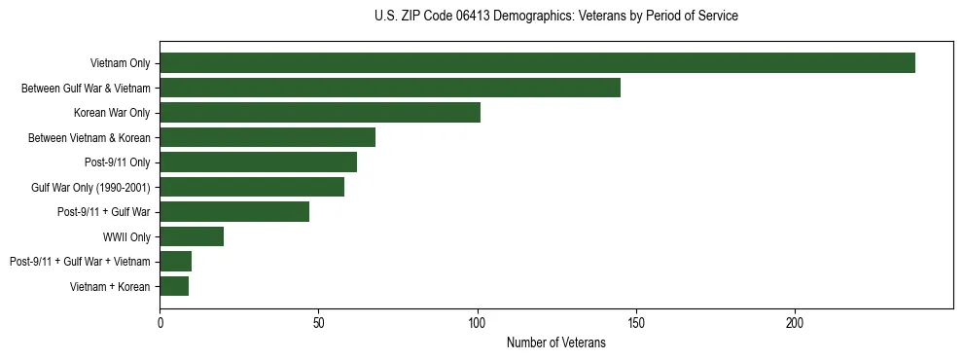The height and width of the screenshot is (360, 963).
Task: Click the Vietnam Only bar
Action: point(537,63)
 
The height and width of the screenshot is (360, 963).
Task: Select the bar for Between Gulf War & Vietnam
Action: point(390,88)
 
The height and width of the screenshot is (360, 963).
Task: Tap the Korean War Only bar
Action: point(320,113)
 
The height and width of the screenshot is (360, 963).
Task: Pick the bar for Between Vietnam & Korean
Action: point(267,137)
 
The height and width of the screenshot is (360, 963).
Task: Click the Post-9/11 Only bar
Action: point(258,162)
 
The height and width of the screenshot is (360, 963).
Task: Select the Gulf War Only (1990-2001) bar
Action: point(252,187)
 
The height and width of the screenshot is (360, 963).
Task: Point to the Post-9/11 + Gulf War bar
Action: point(234,212)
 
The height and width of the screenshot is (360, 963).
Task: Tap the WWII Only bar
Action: point(192,236)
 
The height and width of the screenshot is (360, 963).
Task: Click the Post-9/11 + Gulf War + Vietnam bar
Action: point(176,262)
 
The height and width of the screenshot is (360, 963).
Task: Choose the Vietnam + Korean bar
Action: point(174,286)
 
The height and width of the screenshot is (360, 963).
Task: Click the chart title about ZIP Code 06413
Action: point(555,17)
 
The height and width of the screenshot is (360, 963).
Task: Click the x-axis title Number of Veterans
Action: point(555,342)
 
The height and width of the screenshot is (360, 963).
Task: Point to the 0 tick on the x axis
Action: point(160,322)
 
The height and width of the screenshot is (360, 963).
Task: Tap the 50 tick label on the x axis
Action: point(318,322)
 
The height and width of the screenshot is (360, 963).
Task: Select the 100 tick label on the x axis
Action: point(477,322)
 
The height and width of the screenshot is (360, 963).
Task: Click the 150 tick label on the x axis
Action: point(635,322)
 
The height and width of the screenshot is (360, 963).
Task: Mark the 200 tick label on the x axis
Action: point(794,322)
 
